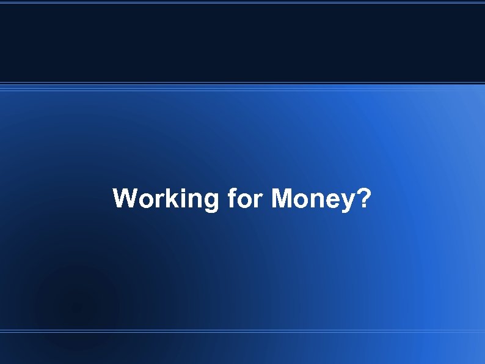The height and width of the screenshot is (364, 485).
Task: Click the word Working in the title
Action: [166, 199]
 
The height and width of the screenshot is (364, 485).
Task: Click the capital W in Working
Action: [125, 199]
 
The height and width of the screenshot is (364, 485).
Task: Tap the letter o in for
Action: [244, 200]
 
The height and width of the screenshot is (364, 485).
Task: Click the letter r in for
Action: [257, 200]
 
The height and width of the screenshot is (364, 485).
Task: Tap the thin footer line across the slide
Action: [242, 331]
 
